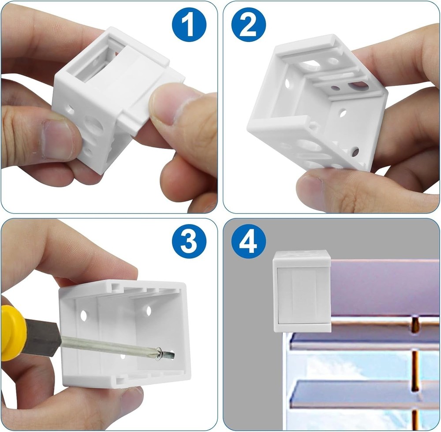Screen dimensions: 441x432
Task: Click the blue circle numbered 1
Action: [189, 25]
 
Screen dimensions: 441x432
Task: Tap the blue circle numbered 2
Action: [249, 25]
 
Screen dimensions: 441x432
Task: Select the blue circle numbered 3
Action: [189, 241]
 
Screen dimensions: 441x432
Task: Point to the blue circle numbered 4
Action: [249, 241]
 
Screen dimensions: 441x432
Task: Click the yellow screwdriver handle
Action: [14, 333]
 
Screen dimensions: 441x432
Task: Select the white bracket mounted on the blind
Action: [302, 291]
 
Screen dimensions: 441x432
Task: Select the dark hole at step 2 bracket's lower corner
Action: [355, 151]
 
